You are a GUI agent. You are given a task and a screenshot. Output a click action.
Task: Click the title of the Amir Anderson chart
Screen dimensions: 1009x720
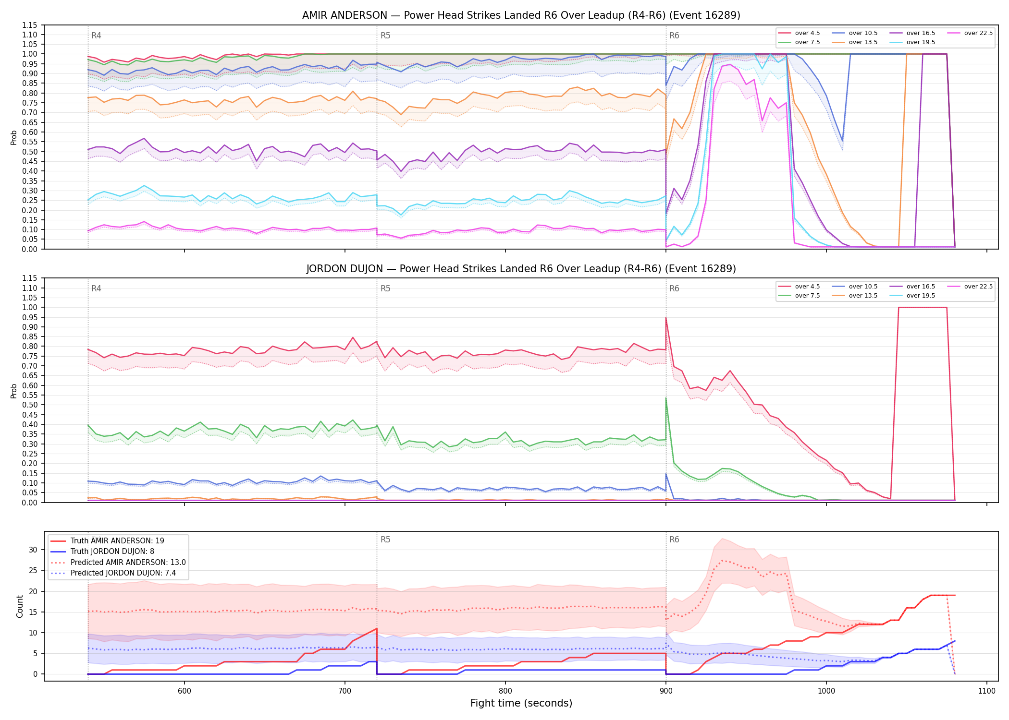click(x=521, y=15)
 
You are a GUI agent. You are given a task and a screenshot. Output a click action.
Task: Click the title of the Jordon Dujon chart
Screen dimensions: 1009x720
click(x=521, y=269)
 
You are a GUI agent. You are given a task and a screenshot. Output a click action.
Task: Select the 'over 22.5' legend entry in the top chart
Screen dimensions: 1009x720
click(x=970, y=33)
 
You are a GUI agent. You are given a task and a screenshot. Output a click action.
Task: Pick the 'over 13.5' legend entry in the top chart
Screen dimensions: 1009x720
click(x=855, y=42)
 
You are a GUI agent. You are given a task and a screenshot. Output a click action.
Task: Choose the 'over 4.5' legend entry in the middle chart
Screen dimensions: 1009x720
click(x=800, y=287)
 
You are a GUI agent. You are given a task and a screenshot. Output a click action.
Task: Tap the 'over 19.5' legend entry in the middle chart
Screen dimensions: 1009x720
click(x=912, y=296)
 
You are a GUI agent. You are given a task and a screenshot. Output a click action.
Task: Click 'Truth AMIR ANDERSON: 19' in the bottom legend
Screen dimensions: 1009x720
click(x=108, y=541)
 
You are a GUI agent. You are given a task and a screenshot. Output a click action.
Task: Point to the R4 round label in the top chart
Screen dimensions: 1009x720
click(x=96, y=36)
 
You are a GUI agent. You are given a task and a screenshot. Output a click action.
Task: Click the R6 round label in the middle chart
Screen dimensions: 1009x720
click(x=674, y=288)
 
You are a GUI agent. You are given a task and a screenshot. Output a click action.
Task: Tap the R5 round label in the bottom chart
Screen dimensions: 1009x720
click(x=385, y=540)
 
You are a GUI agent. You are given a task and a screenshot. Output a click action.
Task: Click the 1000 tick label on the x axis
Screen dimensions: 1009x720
click(x=826, y=691)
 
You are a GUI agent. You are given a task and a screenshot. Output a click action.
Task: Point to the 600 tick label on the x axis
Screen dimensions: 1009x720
click(x=185, y=691)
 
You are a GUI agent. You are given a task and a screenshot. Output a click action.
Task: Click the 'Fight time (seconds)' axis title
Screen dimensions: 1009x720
click(x=521, y=703)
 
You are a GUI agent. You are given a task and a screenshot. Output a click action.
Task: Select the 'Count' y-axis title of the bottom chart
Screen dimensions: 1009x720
click(x=20, y=606)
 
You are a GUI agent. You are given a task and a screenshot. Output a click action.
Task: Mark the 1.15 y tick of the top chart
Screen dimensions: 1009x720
click(x=30, y=25)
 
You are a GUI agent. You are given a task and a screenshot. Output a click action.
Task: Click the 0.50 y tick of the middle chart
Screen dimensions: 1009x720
click(x=30, y=405)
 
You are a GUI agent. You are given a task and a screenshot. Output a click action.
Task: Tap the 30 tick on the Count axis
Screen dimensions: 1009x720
click(x=33, y=550)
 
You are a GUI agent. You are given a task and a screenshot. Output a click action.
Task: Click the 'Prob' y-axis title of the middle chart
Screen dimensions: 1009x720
click(x=14, y=391)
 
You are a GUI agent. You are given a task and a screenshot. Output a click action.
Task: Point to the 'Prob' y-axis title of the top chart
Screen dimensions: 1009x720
click(x=14, y=137)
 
